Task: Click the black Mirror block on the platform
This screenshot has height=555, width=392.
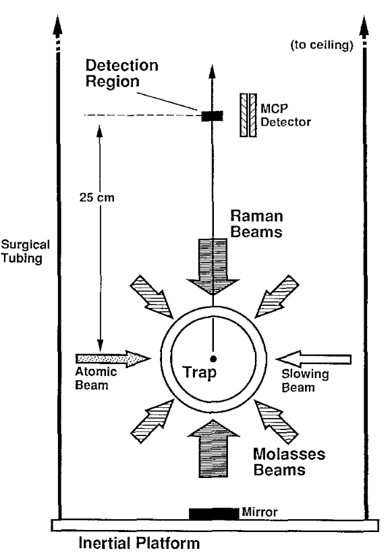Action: (214, 514)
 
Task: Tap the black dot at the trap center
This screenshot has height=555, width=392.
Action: (213, 359)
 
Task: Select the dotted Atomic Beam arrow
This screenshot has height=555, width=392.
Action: (113, 359)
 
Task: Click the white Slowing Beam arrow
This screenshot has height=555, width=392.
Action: (314, 359)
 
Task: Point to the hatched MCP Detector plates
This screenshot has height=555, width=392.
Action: (248, 115)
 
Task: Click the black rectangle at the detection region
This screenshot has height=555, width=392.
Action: (213, 115)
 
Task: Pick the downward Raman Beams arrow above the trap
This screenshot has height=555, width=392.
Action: (213, 267)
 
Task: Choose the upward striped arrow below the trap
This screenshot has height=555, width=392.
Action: (213, 448)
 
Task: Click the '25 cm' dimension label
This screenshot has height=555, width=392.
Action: (97, 197)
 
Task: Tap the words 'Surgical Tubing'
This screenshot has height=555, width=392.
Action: (25, 251)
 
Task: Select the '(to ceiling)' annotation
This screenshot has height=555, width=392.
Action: (322, 45)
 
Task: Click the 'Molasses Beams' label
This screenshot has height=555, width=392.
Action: (289, 462)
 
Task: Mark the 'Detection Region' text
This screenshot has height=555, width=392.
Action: (121, 74)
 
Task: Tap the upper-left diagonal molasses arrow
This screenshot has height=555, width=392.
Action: (151, 296)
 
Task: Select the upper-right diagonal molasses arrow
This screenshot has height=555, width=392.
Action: (277, 296)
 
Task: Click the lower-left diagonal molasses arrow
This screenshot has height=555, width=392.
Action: (152, 421)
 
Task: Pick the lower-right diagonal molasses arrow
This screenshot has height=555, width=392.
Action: (277, 422)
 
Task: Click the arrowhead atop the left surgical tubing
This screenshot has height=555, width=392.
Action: (57, 26)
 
